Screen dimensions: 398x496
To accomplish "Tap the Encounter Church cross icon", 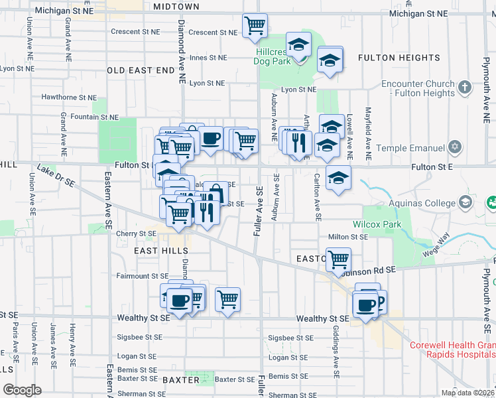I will [465, 87].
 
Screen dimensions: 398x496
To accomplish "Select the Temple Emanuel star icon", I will [455, 147].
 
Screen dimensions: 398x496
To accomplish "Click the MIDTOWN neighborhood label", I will [176, 7].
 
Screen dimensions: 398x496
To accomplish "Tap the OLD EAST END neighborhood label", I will [140, 70].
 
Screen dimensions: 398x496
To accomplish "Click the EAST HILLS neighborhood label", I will [161, 251].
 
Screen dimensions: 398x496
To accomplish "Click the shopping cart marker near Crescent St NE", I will [255, 26].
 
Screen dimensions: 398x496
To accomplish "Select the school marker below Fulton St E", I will [338, 178].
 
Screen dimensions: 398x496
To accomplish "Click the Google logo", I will [22, 390].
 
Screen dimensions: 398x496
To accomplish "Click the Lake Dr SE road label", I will [56, 176].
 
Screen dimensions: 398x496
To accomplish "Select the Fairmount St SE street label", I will [143, 276].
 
